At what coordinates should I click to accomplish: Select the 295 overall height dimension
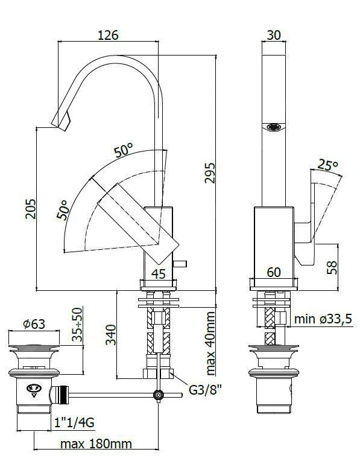[x=209, y=173]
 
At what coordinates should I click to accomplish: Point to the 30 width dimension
[x=273, y=34]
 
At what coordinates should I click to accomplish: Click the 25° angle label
[x=327, y=165]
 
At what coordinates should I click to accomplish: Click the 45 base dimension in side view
[x=158, y=273]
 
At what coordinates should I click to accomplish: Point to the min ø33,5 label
[x=322, y=319]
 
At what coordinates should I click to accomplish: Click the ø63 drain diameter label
[x=34, y=323]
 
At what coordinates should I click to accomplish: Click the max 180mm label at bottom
[x=96, y=444]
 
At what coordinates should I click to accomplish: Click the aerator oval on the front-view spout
[x=274, y=127]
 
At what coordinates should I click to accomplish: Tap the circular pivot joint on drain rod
[x=159, y=396]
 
